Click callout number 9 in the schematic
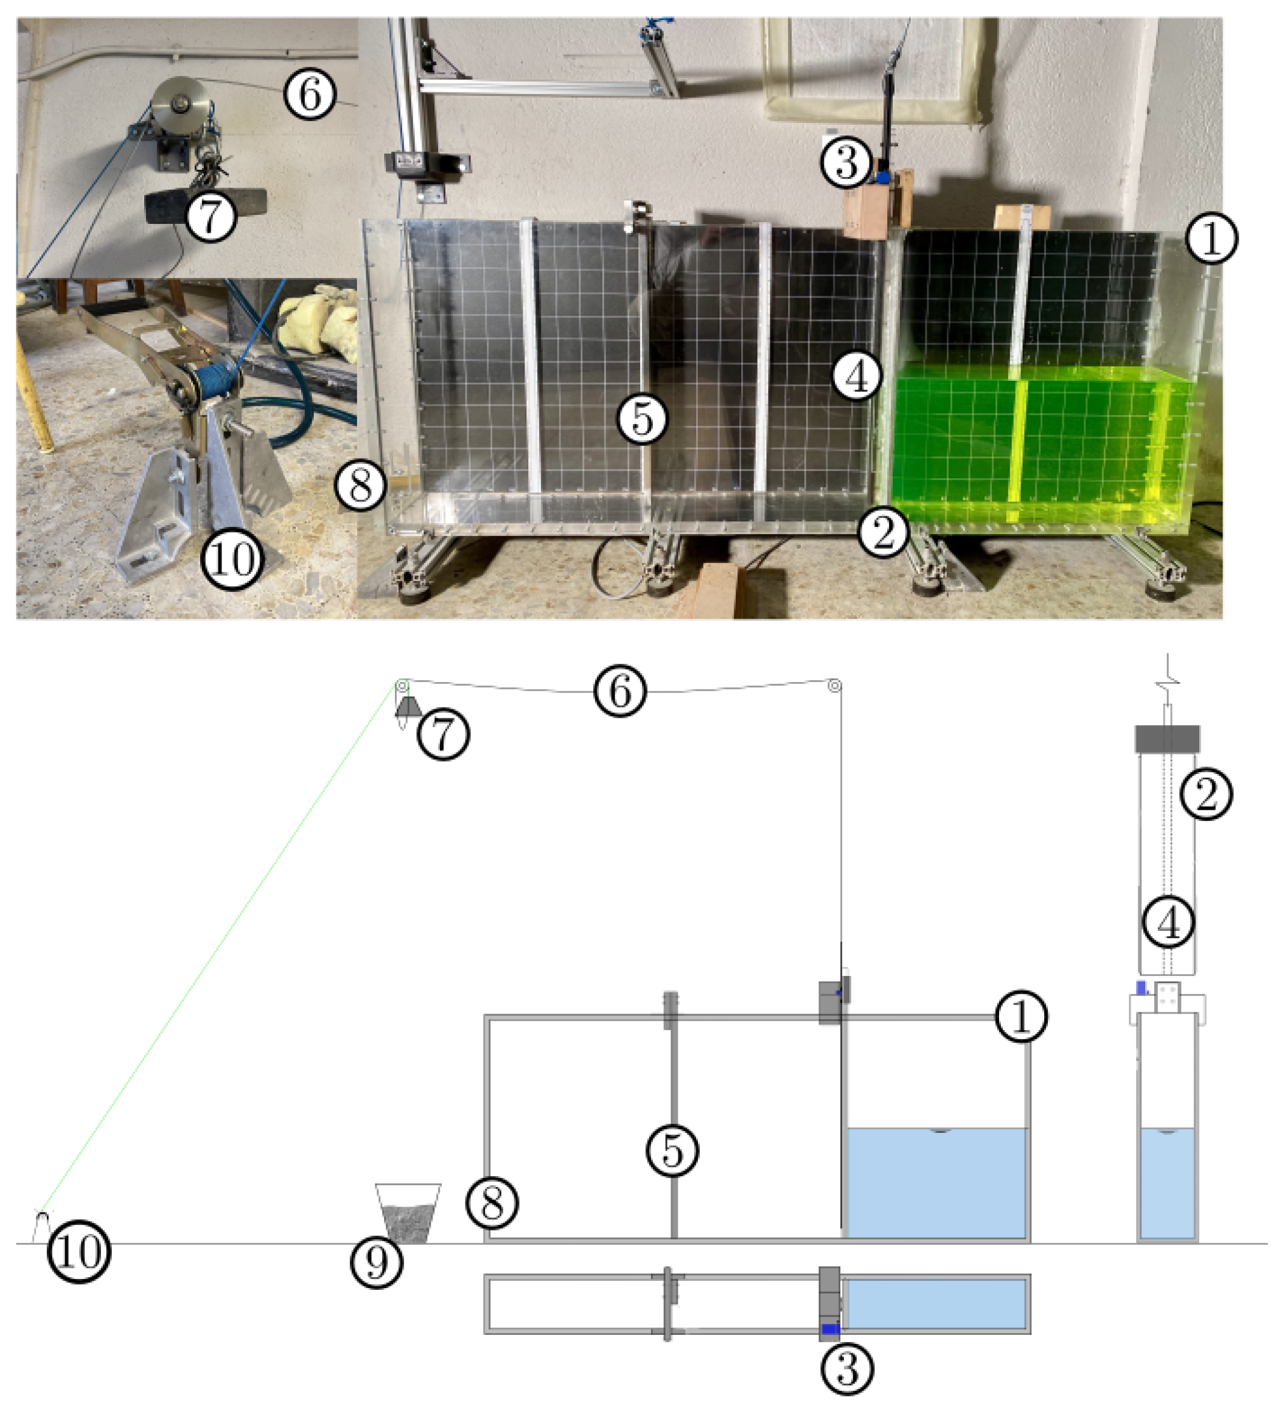377,1262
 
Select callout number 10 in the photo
232,559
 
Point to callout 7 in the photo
211,215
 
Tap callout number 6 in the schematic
620,691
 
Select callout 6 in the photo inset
310,93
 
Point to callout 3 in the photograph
847,162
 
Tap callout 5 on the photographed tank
642,419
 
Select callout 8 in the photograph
361,486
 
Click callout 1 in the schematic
1022,1016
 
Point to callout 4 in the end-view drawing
1169,924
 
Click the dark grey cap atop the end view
1167,739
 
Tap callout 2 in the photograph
883,532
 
